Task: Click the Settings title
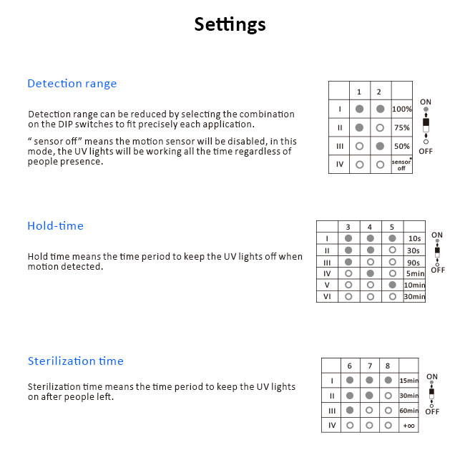(x=230, y=24)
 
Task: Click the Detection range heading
(x=72, y=84)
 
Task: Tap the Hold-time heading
(x=55, y=226)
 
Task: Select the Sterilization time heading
(x=75, y=361)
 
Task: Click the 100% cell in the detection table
(x=402, y=109)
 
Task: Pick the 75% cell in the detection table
(x=402, y=127)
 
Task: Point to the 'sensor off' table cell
(x=402, y=165)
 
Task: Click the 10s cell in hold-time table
(x=413, y=239)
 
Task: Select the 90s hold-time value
(x=413, y=262)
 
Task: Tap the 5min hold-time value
(x=413, y=273)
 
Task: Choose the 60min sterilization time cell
(x=409, y=411)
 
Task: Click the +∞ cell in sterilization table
(x=409, y=426)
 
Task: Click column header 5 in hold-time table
(x=391, y=227)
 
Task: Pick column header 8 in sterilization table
(x=388, y=366)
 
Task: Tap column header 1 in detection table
(x=359, y=92)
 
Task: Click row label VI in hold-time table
(x=327, y=296)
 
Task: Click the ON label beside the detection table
(x=426, y=102)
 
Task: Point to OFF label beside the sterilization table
(x=432, y=411)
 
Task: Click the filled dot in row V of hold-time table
(x=391, y=285)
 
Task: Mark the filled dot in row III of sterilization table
(x=350, y=411)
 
